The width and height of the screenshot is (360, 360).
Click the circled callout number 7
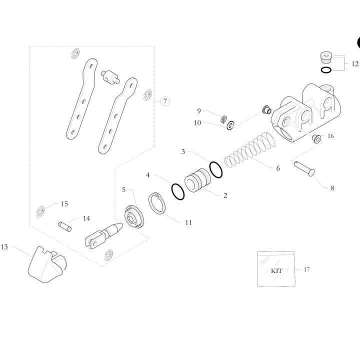(x=165, y=101)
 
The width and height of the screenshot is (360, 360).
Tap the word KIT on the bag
(x=276, y=271)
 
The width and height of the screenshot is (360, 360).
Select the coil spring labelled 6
(x=249, y=149)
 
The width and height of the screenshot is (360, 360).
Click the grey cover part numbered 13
(x=47, y=264)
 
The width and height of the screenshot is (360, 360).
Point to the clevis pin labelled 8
(x=304, y=169)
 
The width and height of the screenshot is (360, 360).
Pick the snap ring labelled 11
(x=157, y=203)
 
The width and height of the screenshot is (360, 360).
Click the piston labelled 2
(x=197, y=180)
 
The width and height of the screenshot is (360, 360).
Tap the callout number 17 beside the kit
(x=306, y=269)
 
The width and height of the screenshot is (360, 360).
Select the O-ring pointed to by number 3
(x=215, y=169)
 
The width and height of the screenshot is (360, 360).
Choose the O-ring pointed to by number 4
(x=178, y=191)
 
